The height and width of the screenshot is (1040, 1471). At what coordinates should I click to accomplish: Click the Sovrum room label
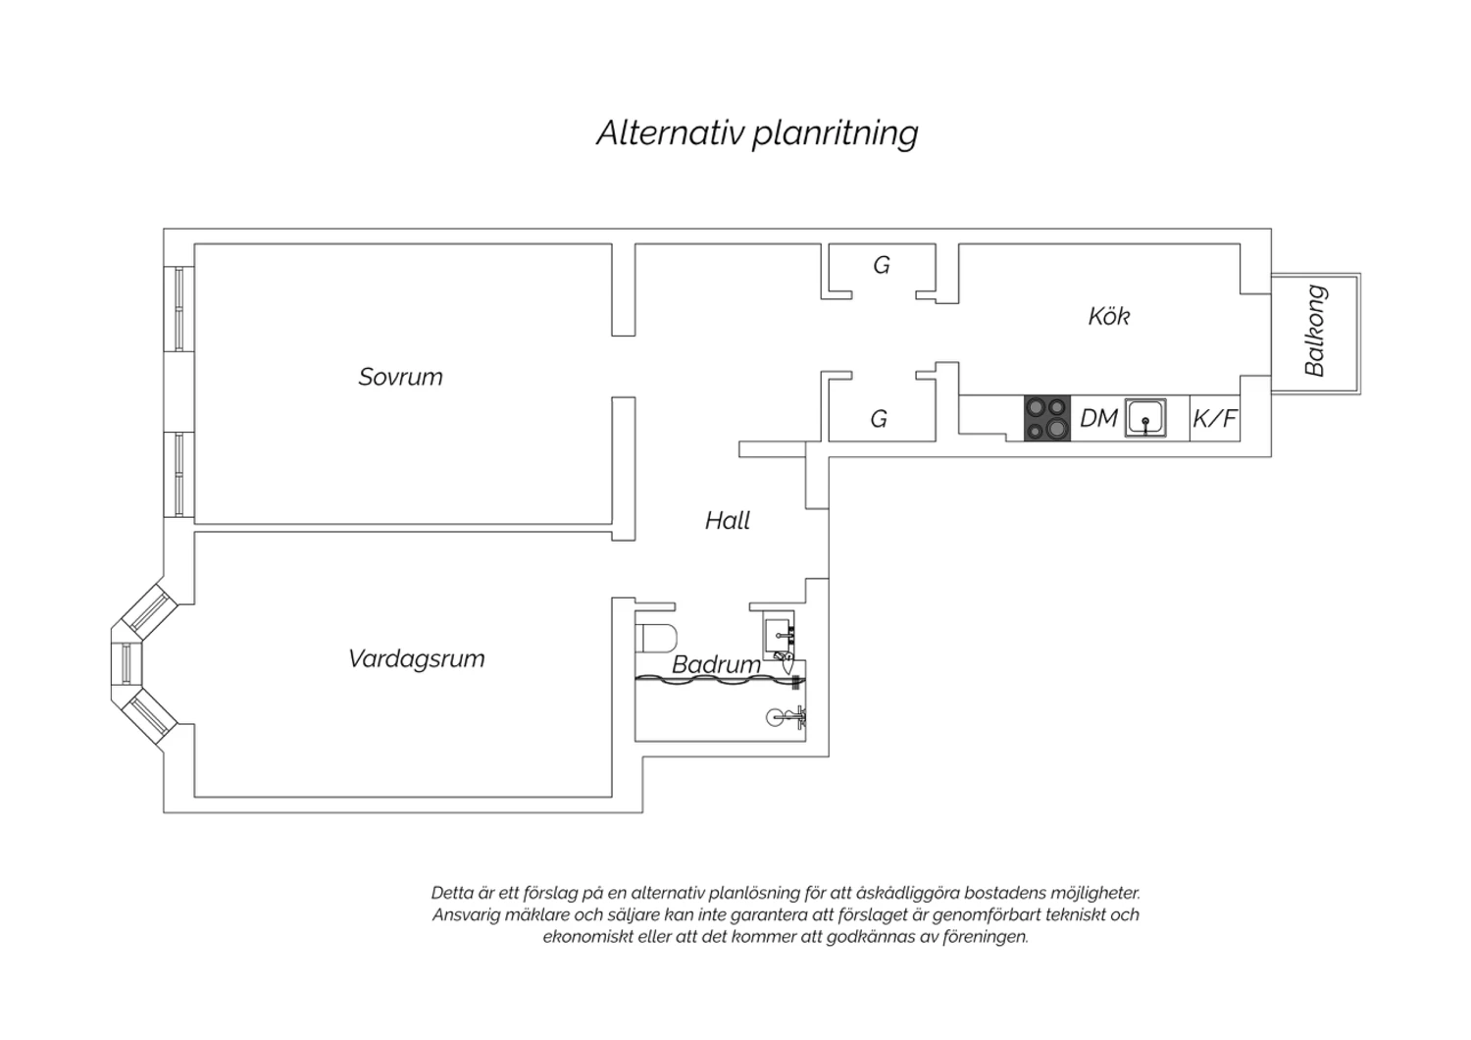400,377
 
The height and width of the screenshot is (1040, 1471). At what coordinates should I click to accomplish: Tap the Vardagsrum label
417,659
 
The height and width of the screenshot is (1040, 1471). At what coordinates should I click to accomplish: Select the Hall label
728,521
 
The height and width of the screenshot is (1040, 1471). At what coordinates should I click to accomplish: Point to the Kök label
1109,316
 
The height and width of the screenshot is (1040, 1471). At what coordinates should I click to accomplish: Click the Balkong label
1315,331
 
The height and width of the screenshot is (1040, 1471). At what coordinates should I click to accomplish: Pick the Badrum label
717,665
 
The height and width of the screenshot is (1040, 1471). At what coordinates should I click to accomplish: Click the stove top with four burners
1047,418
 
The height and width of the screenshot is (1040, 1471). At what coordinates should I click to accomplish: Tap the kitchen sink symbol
1146,417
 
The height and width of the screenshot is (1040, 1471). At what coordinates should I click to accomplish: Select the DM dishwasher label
1098,419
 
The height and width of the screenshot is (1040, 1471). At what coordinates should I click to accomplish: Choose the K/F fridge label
1215,419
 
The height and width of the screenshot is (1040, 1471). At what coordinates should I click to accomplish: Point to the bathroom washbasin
779,636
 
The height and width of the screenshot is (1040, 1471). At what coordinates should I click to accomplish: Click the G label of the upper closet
882,266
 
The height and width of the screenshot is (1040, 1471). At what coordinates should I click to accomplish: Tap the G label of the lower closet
879,419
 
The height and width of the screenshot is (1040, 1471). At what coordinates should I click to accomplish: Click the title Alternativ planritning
757,133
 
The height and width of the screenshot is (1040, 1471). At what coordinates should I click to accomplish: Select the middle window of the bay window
127,664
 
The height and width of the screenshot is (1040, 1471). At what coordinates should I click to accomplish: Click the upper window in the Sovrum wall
178,309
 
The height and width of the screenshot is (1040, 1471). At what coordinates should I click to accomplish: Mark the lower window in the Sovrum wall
178,474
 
